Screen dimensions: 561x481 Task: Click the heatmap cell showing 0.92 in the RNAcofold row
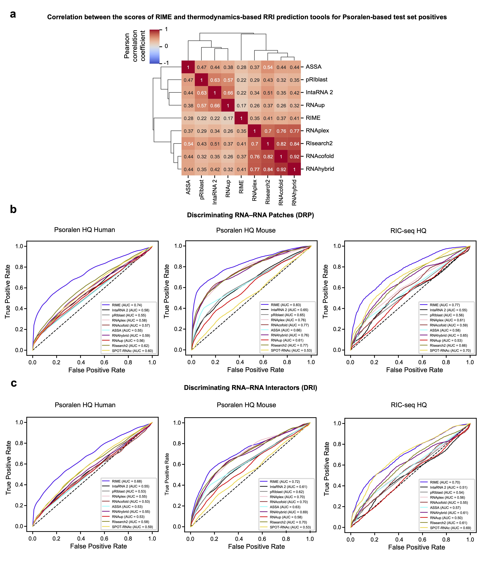(x=294, y=157)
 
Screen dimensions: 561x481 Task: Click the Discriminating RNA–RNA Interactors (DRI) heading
(x=250, y=388)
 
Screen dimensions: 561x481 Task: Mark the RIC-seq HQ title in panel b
(x=408, y=231)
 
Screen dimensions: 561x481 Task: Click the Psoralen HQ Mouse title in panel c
(x=246, y=405)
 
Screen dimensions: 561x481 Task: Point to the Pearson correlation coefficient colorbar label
(x=135, y=45)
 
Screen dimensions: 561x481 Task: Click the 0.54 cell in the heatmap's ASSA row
(x=268, y=67)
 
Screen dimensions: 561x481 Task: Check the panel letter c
(x=14, y=383)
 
